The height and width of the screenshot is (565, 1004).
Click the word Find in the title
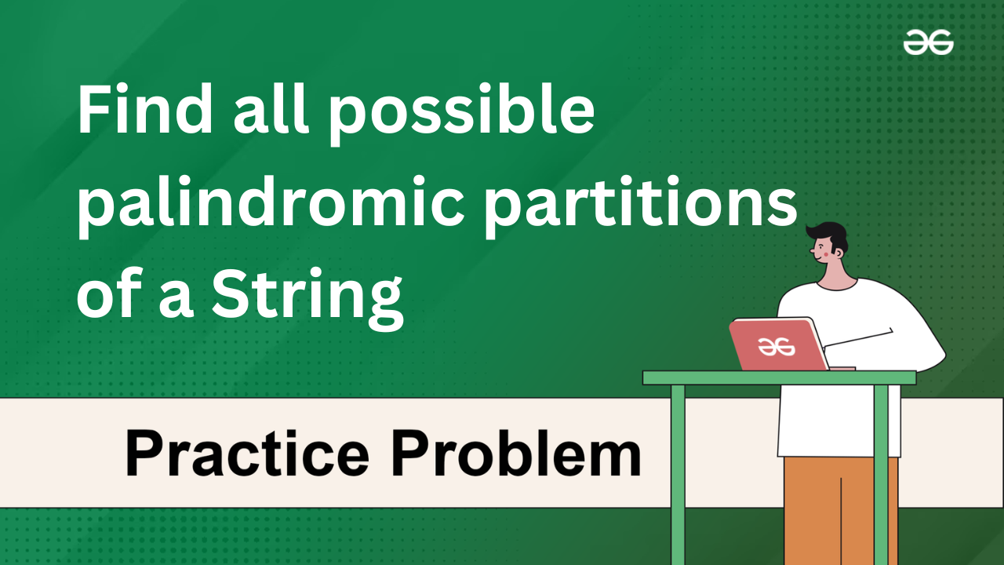pyautogui.click(x=145, y=108)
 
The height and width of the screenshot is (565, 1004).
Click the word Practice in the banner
pyautogui.click(x=247, y=453)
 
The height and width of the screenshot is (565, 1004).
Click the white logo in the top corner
pyautogui.click(x=928, y=42)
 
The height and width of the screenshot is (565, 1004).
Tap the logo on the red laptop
pyautogui.click(x=777, y=347)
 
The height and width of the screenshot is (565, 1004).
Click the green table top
pyautogui.click(x=780, y=377)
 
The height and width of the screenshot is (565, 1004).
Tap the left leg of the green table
pyautogui.click(x=678, y=475)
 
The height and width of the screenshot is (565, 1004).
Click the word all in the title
pyautogui.click(x=271, y=108)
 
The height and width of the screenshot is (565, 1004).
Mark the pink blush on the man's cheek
pyautogui.click(x=826, y=253)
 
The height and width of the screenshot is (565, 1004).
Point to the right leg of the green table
pyautogui.click(x=881, y=475)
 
